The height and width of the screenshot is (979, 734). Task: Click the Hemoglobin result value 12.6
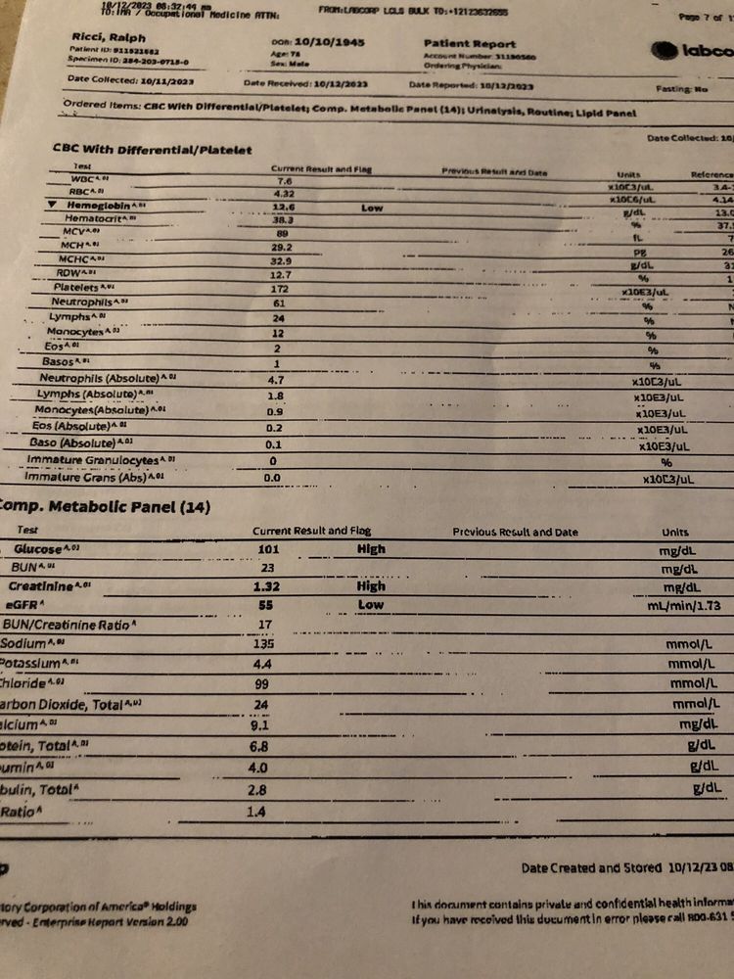click(x=285, y=206)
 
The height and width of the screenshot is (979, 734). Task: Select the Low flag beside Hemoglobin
click(x=372, y=208)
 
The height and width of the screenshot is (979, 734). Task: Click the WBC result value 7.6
click(x=285, y=181)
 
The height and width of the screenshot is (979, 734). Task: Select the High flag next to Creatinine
click(x=371, y=585)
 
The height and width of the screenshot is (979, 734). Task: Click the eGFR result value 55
click(x=265, y=605)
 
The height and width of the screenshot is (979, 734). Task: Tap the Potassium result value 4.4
click(x=264, y=664)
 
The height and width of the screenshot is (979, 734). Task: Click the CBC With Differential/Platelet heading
click(x=152, y=150)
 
